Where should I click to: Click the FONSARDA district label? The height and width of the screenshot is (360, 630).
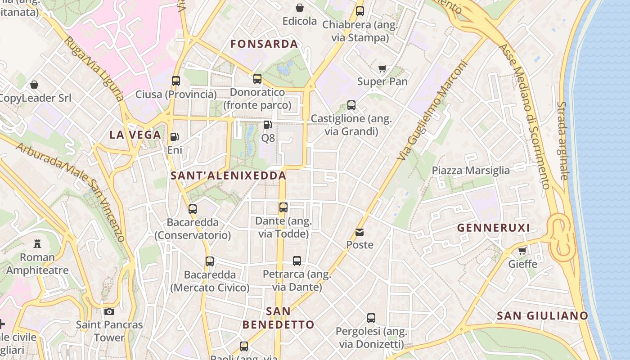[x=264, y=44]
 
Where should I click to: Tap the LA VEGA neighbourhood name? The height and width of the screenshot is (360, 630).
[x=135, y=135]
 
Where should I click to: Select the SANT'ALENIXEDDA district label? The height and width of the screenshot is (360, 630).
[x=229, y=176]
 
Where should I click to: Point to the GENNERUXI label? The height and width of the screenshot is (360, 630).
[x=494, y=228]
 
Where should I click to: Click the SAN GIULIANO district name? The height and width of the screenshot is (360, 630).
[x=542, y=316]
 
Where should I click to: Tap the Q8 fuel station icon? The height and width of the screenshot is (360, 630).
[x=268, y=125]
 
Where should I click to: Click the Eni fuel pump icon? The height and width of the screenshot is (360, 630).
[x=174, y=137]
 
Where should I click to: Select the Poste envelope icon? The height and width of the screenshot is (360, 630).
[x=360, y=232]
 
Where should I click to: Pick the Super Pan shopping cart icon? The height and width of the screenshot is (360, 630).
[x=382, y=69]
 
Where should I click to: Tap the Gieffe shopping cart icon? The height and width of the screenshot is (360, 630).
[x=522, y=251]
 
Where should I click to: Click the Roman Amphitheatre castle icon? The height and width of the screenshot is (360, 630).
[x=37, y=244]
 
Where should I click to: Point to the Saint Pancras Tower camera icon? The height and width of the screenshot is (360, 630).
[x=109, y=311]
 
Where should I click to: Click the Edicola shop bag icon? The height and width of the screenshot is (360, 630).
[x=300, y=8]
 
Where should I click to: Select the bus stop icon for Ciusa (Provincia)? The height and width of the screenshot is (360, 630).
[x=176, y=81]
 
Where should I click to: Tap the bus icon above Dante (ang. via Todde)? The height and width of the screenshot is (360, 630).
[x=283, y=207]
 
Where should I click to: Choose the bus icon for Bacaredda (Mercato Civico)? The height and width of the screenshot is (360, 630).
[x=210, y=261]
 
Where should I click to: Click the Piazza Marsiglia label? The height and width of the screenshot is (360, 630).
[x=471, y=171]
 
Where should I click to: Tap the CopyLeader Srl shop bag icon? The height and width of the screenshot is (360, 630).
[x=34, y=85]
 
